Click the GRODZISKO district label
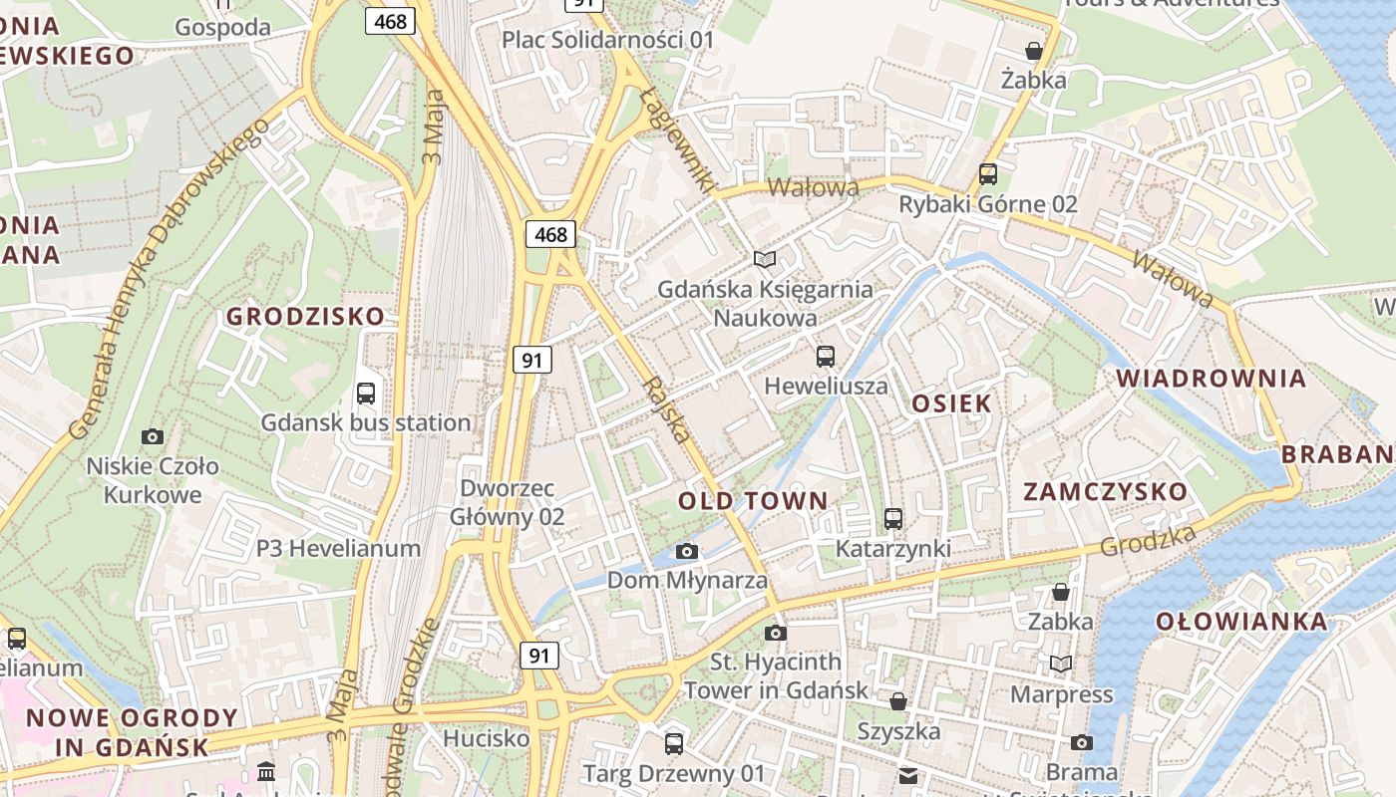(x=305, y=317)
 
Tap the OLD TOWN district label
(x=753, y=501)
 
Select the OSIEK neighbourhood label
(x=951, y=403)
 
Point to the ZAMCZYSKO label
(x=1106, y=492)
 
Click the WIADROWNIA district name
(x=1211, y=379)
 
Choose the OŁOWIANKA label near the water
(x=1241, y=623)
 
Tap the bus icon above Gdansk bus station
(x=366, y=394)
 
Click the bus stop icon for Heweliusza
(x=826, y=357)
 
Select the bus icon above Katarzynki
(x=893, y=519)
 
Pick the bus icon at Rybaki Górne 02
(x=988, y=174)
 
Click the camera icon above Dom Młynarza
(x=687, y=551)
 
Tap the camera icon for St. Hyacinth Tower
(x=776, y=633)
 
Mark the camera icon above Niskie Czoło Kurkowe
(x=153, y=436)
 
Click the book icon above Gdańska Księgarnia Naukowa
(x=765, y=260)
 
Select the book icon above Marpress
(x=1061, y=664)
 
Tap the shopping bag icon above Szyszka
(x=898, y=701)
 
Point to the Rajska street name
(x=666, y=409)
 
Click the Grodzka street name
(x=1148, y=541)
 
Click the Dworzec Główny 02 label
(x=507, y=503)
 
